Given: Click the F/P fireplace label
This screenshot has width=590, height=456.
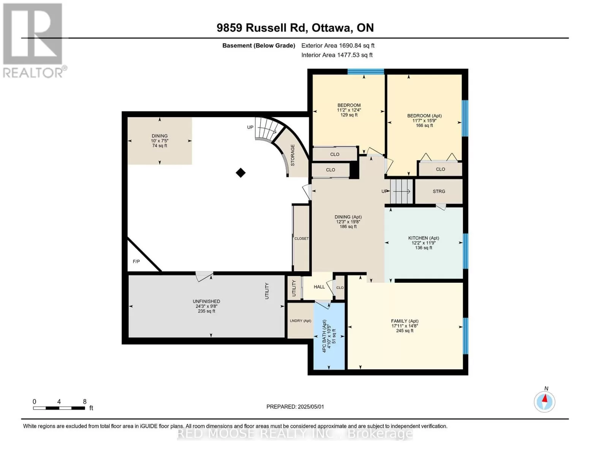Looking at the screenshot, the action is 136,261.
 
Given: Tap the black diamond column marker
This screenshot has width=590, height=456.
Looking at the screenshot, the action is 240,173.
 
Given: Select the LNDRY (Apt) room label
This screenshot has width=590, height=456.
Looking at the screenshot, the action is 300,321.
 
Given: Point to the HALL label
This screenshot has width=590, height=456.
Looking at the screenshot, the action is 319,287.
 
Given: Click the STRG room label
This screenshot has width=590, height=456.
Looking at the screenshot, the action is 439,192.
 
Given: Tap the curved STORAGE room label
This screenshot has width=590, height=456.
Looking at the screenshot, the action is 293,155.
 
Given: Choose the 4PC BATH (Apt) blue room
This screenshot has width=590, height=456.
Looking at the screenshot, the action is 329,336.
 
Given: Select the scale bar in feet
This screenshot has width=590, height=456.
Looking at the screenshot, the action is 59,408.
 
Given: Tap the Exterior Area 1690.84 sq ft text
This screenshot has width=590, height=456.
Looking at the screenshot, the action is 338,46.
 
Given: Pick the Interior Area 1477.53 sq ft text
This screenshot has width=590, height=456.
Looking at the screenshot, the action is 337,55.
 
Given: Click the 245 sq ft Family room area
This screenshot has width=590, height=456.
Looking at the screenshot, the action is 405,331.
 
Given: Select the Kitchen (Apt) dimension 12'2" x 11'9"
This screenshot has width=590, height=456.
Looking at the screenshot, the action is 424,243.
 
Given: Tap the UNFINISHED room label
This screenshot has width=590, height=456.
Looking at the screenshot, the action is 206,301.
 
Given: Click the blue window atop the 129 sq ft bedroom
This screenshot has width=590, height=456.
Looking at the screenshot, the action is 366,72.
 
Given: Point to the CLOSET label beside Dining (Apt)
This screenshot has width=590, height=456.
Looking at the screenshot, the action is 301,239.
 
